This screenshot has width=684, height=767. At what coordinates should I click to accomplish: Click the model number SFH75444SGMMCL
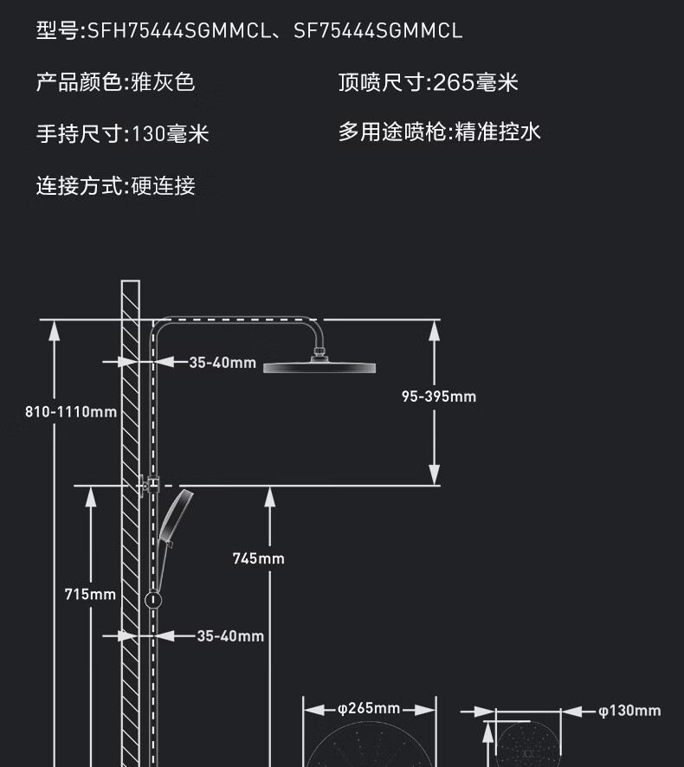[x=179, y=31]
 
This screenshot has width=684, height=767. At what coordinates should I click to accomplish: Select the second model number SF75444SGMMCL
[x=377, y=31]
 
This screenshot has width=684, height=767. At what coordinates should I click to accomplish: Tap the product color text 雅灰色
[x=163, y=81]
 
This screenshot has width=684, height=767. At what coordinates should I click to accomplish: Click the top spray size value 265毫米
[x=475, y=82]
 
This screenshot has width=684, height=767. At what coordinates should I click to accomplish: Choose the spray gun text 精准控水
[x=498, y=132]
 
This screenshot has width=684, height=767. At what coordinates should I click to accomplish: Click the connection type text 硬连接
[x=164, y=186]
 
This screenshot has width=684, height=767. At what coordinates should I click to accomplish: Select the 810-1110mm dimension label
[x=71, y=412]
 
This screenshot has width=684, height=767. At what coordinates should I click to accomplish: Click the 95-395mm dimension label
[x=439, y=396]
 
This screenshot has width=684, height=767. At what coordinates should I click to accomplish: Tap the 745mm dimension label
[x=258, y=558]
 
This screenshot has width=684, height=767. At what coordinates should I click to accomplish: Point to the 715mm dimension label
[x=90, y=595]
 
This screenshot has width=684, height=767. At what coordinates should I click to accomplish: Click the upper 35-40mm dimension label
[x=223, y=363]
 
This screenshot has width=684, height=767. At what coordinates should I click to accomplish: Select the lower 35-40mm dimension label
[x=230, y=636]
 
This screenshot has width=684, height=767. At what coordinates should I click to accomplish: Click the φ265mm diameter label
[x=369, y=708]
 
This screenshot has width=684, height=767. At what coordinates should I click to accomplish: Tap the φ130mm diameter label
[x=629, y=711]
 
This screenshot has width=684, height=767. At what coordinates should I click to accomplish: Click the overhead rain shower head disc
[x=319, y=367]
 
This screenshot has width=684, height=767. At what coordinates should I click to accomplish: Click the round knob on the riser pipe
[x=153, y=600]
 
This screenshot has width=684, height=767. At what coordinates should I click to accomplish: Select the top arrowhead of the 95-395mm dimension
[x=434, y=331]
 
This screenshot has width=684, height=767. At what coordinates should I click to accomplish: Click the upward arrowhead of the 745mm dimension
[x=269, y=497]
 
